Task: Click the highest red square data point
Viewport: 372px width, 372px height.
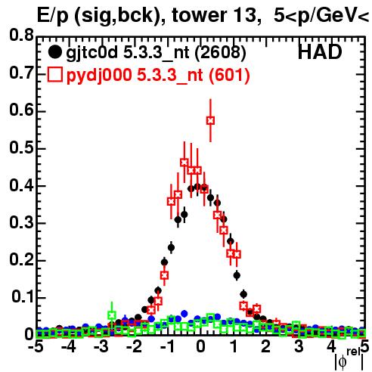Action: [211, 121]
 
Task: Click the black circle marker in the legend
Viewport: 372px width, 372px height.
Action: [54, 52]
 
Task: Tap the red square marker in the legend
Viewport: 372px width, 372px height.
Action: [55, 75]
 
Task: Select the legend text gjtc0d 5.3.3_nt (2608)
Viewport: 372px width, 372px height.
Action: [156, 53]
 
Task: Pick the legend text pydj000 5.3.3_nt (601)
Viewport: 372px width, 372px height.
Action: [158, 75]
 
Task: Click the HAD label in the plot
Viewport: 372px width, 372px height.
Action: [320, 52]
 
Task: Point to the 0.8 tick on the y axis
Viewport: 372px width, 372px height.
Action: [21, 36]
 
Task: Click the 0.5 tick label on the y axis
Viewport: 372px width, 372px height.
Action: [21, 147]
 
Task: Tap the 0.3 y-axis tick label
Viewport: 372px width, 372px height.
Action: [21, 222]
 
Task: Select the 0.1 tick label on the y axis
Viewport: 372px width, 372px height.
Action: [22, 297]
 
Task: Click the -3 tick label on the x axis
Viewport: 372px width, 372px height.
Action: [101, 347]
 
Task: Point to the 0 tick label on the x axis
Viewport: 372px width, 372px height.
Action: [200, 347]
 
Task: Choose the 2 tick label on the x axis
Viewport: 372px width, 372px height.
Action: [266, 347]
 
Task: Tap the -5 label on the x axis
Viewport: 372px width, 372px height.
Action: [36, 347]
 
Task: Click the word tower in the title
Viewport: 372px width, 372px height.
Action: [198, 15]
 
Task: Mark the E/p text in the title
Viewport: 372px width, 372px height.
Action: [53, 16]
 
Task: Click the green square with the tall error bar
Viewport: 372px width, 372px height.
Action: [112, 315]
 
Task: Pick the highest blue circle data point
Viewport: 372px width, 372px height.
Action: [184, 314]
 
